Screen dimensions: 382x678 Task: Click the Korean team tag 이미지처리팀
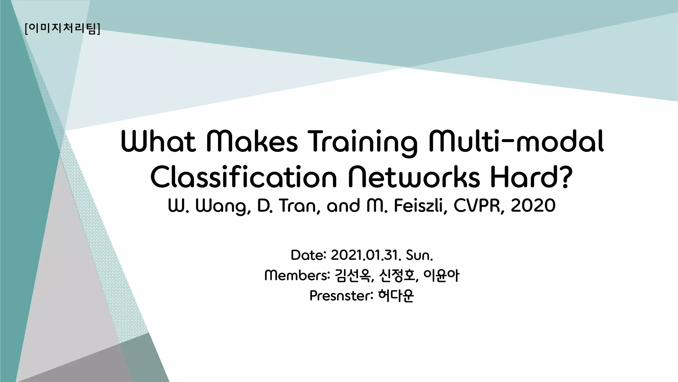[62, 28]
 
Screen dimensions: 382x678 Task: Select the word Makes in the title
[252, 142]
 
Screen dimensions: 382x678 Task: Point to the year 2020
[533, 206]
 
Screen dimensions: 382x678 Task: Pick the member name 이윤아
[441, 276]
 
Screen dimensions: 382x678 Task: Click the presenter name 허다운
[396, 296]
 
